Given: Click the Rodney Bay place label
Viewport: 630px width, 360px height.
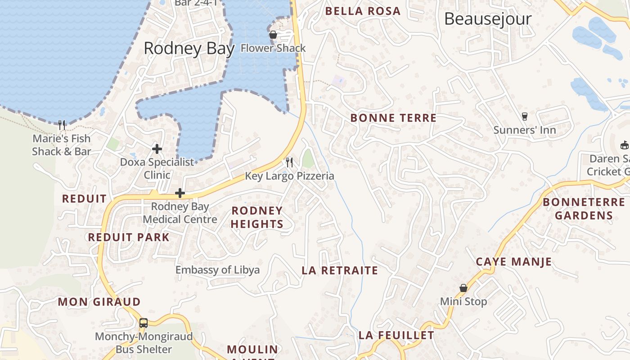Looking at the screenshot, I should pyautogui.click(x=189, y=48).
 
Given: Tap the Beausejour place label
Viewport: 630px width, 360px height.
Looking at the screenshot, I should pyautogui.click(x=488, y=19).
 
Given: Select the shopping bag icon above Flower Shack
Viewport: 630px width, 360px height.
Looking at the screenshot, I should pyautogui.click(x=273, y=35).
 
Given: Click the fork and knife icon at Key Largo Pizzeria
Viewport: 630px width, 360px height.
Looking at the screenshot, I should pyautogui.click(x=289, y=162).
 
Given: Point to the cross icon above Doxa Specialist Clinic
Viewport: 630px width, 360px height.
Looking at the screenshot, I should pyautogui.click(x=157, y=148).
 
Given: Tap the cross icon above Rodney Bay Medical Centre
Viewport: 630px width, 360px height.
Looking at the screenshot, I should pyautogui.click(x=180, y=193).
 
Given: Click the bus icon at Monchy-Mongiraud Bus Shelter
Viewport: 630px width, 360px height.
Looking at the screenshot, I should pyautogui.click(x=144, y=323).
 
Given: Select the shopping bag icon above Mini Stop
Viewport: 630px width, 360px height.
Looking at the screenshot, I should pyautogui.click(x=463, y=288).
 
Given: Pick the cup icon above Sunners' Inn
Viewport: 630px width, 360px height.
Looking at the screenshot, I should pyautogui.click(x=524, y=117).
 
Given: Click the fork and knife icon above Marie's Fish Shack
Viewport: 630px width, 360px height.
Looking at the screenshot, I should pyautogui.click(x=62, y=125).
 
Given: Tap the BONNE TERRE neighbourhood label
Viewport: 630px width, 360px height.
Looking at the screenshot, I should pyautogui.click(x=393, y=118).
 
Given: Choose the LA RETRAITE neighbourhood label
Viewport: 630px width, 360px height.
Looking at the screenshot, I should pyautogui.click(x=340, y=270).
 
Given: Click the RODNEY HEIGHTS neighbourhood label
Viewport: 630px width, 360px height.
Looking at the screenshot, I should pyautogui.click(x=257, y=217).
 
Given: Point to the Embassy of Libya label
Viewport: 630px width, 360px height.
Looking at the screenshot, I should pyautogui.click(x=217, y=270).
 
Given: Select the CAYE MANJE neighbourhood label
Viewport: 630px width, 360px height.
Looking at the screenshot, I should pyautogui.click(x=513, y=261).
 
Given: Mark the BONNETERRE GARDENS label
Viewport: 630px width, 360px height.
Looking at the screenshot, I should pyautogui.click(x=584, y=208).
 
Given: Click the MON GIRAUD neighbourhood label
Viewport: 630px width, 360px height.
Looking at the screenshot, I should pyautogui.click(x=99, y=301).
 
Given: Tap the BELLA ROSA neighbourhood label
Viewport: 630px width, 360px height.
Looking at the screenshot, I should pyautogui.click(x=363, y=11).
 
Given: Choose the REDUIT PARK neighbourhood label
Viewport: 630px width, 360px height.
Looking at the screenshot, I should pyautogui.click(x=129, y=237).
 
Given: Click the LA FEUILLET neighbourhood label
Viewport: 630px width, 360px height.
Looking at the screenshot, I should pyautogui.click(x=396, y=335).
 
